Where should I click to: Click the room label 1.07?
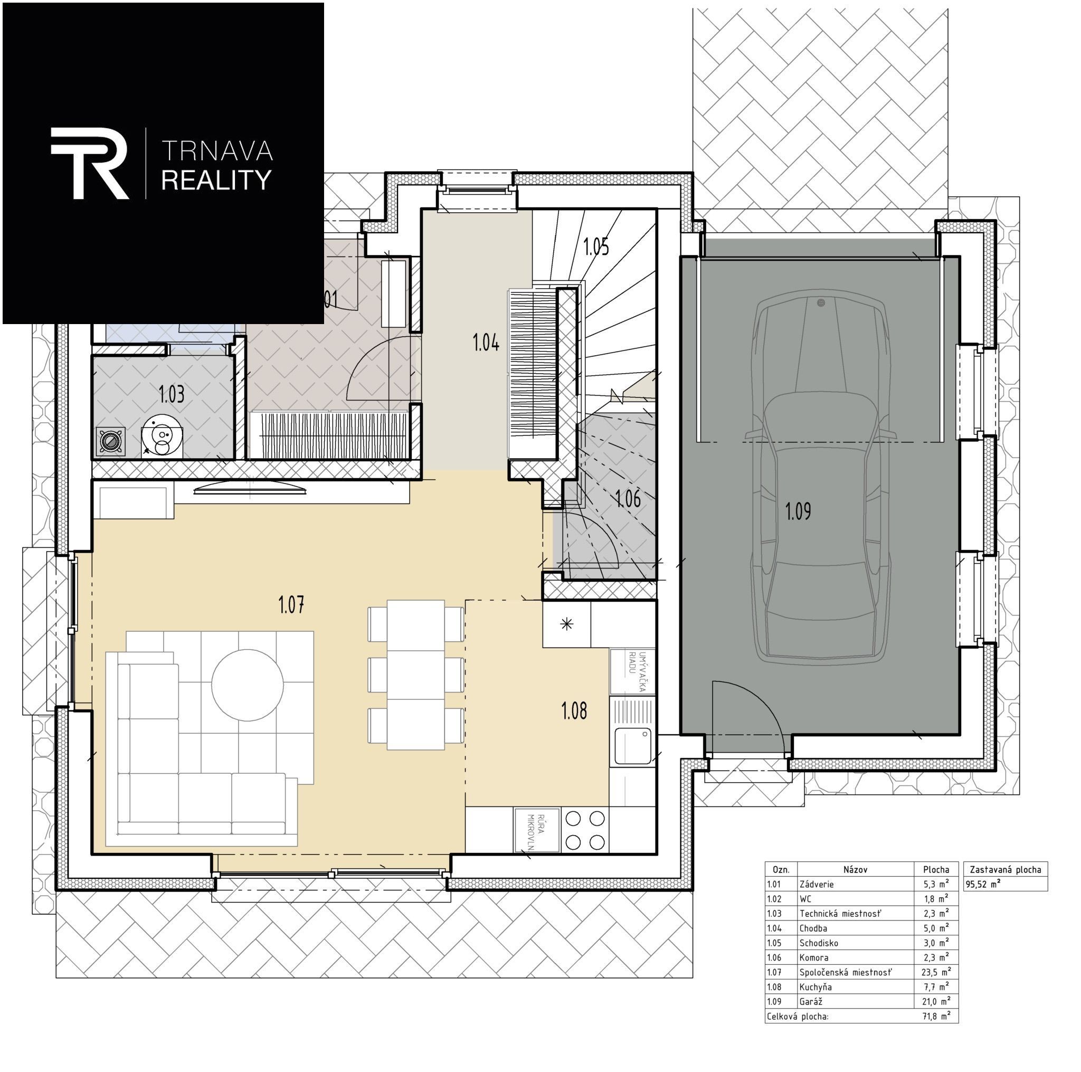(291, 605)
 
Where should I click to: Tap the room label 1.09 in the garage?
(798, 511)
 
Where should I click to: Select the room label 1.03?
(171, 394)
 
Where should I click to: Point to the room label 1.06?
(628, 498)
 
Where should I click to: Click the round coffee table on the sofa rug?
(248, 685)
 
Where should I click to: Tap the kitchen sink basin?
(632, 746)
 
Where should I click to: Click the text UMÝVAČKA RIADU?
(637, 671)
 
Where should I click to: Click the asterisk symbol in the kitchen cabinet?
(567, 624)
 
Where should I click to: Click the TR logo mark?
(90, 163)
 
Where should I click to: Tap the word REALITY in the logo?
(216, 180)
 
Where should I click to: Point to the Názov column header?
(855, 869)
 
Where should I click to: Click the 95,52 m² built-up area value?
(983, 885)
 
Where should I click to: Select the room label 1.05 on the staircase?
(596, 246)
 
